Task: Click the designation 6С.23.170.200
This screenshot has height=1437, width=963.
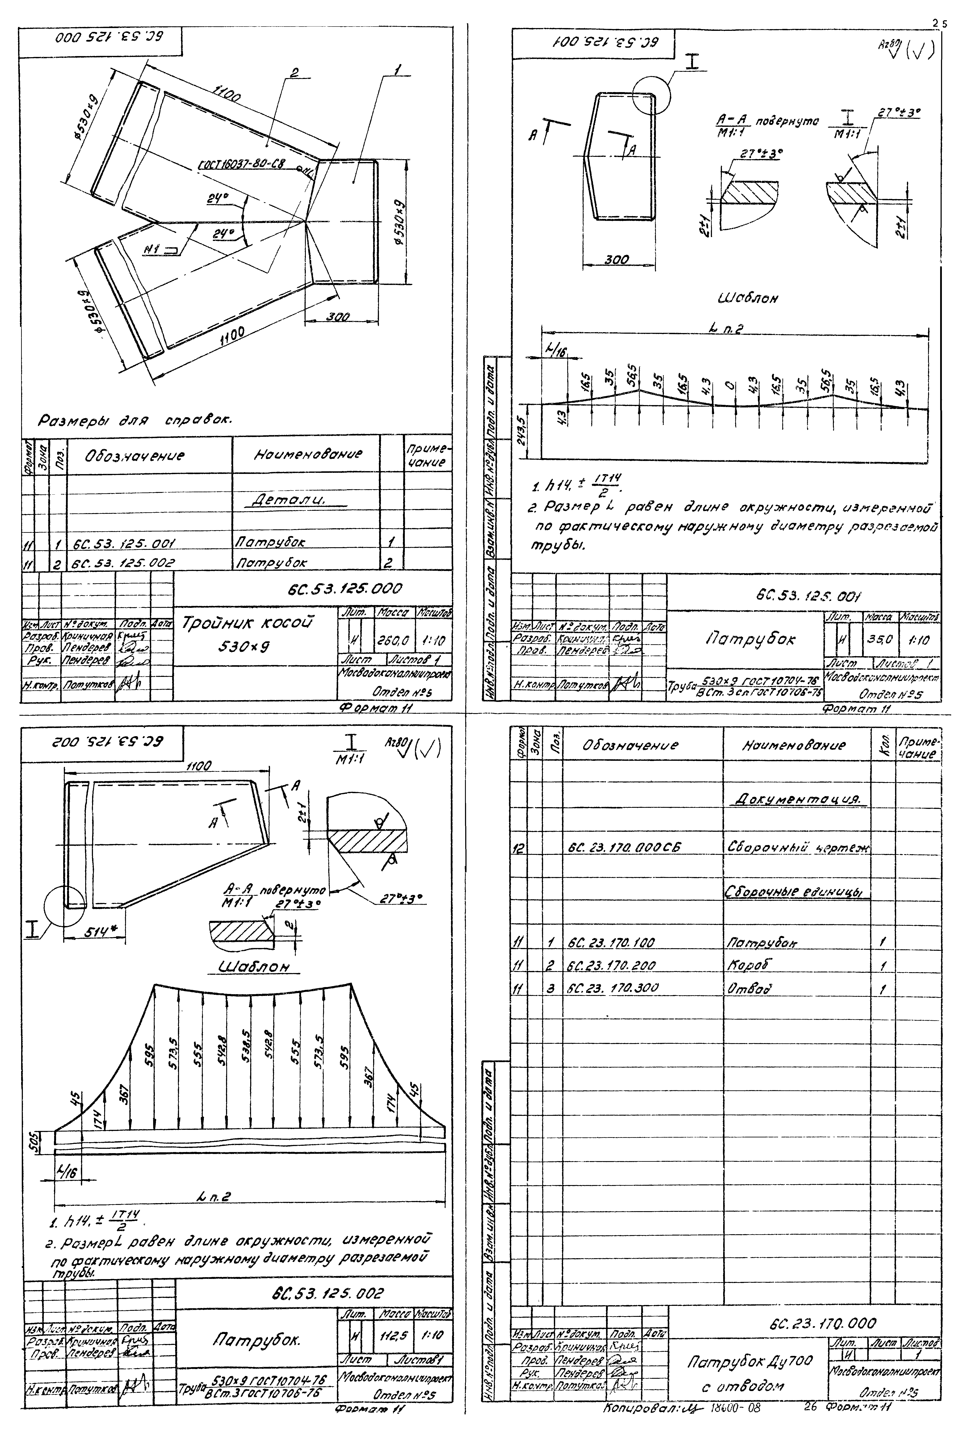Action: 612,966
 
